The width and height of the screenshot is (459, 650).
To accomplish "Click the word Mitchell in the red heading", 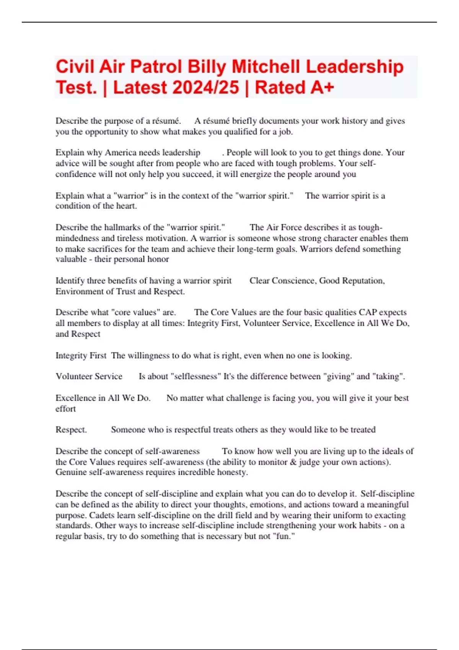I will coord(266,67).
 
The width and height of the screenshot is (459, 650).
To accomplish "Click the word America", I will coord(120,153).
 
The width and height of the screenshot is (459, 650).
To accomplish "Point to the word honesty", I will coord(231,472).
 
